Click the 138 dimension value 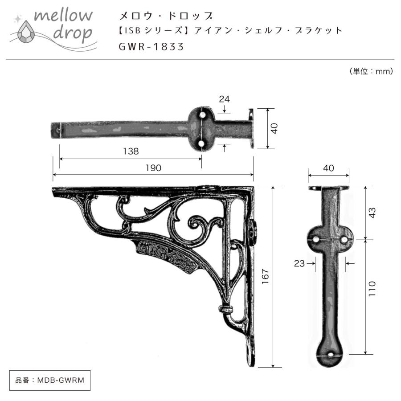coord(131,151)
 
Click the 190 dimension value coord(153,168)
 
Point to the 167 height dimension coord(266,277)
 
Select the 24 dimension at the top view coord(225,99)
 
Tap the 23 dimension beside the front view coord(299,263)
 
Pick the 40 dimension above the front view coord(328,168)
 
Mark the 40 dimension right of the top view coord(274,128)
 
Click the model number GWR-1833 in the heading coord(151,46)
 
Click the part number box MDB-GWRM coord(47,380)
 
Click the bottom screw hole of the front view coord(331,356)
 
